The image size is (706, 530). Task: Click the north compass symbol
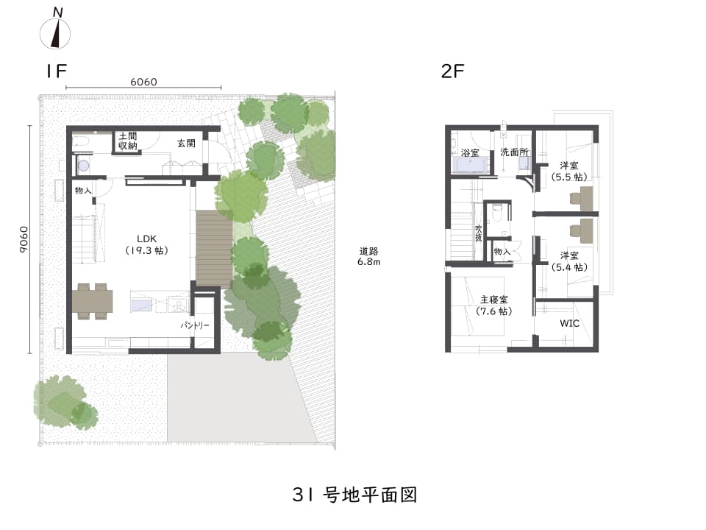tap(55, 29)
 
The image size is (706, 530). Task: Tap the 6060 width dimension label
tap(143, 82)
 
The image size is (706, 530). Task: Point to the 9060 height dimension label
tap(24, 239)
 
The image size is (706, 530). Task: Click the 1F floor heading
tap(56, 71)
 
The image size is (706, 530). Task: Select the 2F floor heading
tap(452, 71)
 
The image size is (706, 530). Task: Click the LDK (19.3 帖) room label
tap(147, 244)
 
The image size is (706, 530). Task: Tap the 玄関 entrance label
tap(186, 144)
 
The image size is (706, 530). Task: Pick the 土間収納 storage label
tap(128, 141)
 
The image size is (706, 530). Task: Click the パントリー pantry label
tap(195, 325)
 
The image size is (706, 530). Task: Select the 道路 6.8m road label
tap(368, 256)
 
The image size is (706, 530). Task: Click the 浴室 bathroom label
tap(470, 153)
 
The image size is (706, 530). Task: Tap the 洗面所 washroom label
tap(514, 152)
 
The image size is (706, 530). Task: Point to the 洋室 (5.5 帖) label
tap(569, 172)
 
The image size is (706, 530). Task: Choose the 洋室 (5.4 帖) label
tap(569, 261)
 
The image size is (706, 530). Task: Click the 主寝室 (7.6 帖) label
tap(494, 305)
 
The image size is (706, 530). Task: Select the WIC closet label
tap(569, 323)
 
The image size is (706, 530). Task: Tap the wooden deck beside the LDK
tap(214, 250)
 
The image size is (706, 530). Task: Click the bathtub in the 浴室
tap(471, 166)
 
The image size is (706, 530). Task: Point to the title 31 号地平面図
tap(354, 495)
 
